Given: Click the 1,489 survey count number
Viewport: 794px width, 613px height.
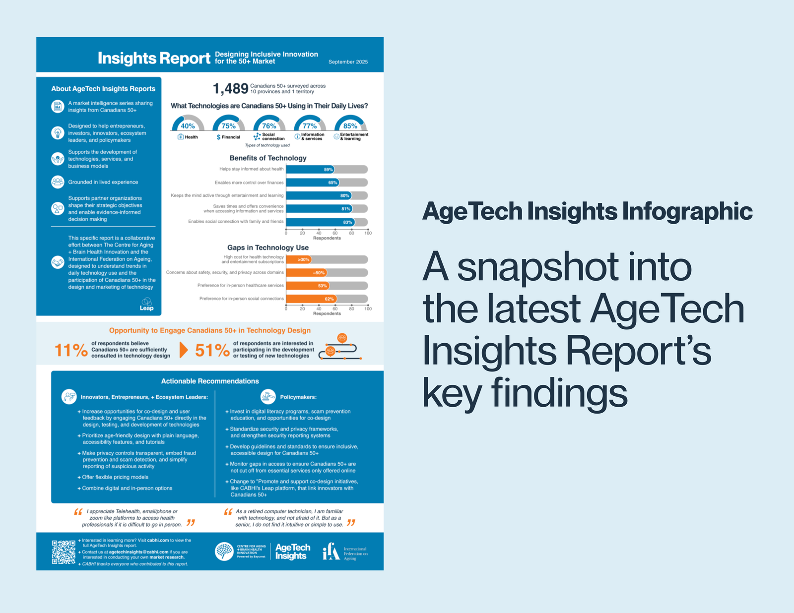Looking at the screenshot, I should pos(230,89).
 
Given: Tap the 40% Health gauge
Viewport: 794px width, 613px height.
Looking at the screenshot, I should pos(188,124).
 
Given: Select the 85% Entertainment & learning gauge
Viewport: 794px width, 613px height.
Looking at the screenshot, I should pos(350,124).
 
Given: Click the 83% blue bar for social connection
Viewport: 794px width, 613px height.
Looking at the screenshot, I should pos(320,222).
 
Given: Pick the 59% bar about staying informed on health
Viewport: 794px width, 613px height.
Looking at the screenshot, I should pos(310,170).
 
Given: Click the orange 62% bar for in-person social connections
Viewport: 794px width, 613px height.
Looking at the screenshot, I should pos(311,299).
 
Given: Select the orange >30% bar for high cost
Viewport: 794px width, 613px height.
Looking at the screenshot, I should pos(299,259).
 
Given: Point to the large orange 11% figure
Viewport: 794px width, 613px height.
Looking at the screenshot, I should pos(71,350).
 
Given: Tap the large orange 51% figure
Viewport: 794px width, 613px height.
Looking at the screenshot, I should pos(212,350).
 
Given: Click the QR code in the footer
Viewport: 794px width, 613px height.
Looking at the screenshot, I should pos(64,552).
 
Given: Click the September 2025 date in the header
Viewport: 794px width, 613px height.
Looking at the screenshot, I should pos(348,62).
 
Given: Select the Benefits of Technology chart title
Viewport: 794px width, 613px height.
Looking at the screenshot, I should pos(268,158).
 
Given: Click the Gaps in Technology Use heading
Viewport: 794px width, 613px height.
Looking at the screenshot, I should pos(268,247).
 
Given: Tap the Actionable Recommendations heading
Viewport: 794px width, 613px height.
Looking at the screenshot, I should pos(210,381).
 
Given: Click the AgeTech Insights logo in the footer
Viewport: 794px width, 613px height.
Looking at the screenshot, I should pos(292,552).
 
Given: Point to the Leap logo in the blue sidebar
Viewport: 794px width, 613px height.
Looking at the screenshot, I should pos(146,304).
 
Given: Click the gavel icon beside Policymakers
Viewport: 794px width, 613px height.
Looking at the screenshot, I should pos(268,397).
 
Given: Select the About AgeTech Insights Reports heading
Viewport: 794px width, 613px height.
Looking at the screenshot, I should pos(103,89).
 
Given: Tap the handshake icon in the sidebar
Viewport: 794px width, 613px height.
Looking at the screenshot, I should pos(58,262).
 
